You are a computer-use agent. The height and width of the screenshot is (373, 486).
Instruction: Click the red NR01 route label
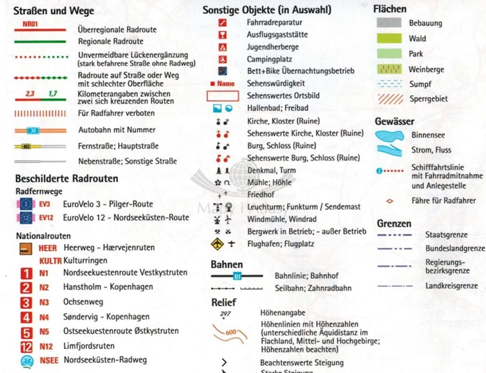[30, 24]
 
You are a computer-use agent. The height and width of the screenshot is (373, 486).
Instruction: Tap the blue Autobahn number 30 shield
[33, 130]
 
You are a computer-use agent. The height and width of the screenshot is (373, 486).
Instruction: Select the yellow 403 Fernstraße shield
[26, 146]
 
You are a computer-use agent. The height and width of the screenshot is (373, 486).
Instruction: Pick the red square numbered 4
[26, 317]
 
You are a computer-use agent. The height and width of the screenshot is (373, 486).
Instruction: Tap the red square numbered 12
[26, 347]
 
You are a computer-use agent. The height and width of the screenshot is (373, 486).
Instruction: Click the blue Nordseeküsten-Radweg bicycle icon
[26, 361]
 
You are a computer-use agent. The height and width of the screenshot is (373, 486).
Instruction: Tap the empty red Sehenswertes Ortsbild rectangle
[223, 96]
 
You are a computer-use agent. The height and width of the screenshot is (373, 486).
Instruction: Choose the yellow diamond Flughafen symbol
[217, 244]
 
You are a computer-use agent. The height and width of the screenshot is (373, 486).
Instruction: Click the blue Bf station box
[237, 276]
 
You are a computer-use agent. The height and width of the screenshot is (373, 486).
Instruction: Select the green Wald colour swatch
[389, 39]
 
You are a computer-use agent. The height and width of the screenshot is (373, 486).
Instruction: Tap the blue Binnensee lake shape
[389, 135]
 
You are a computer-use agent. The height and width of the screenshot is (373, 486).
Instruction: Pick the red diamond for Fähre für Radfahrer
[389, 201]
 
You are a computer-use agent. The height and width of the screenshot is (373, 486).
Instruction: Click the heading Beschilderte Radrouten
[67, 179]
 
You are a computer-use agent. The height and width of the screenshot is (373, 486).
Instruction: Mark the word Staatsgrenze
[446, 235]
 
